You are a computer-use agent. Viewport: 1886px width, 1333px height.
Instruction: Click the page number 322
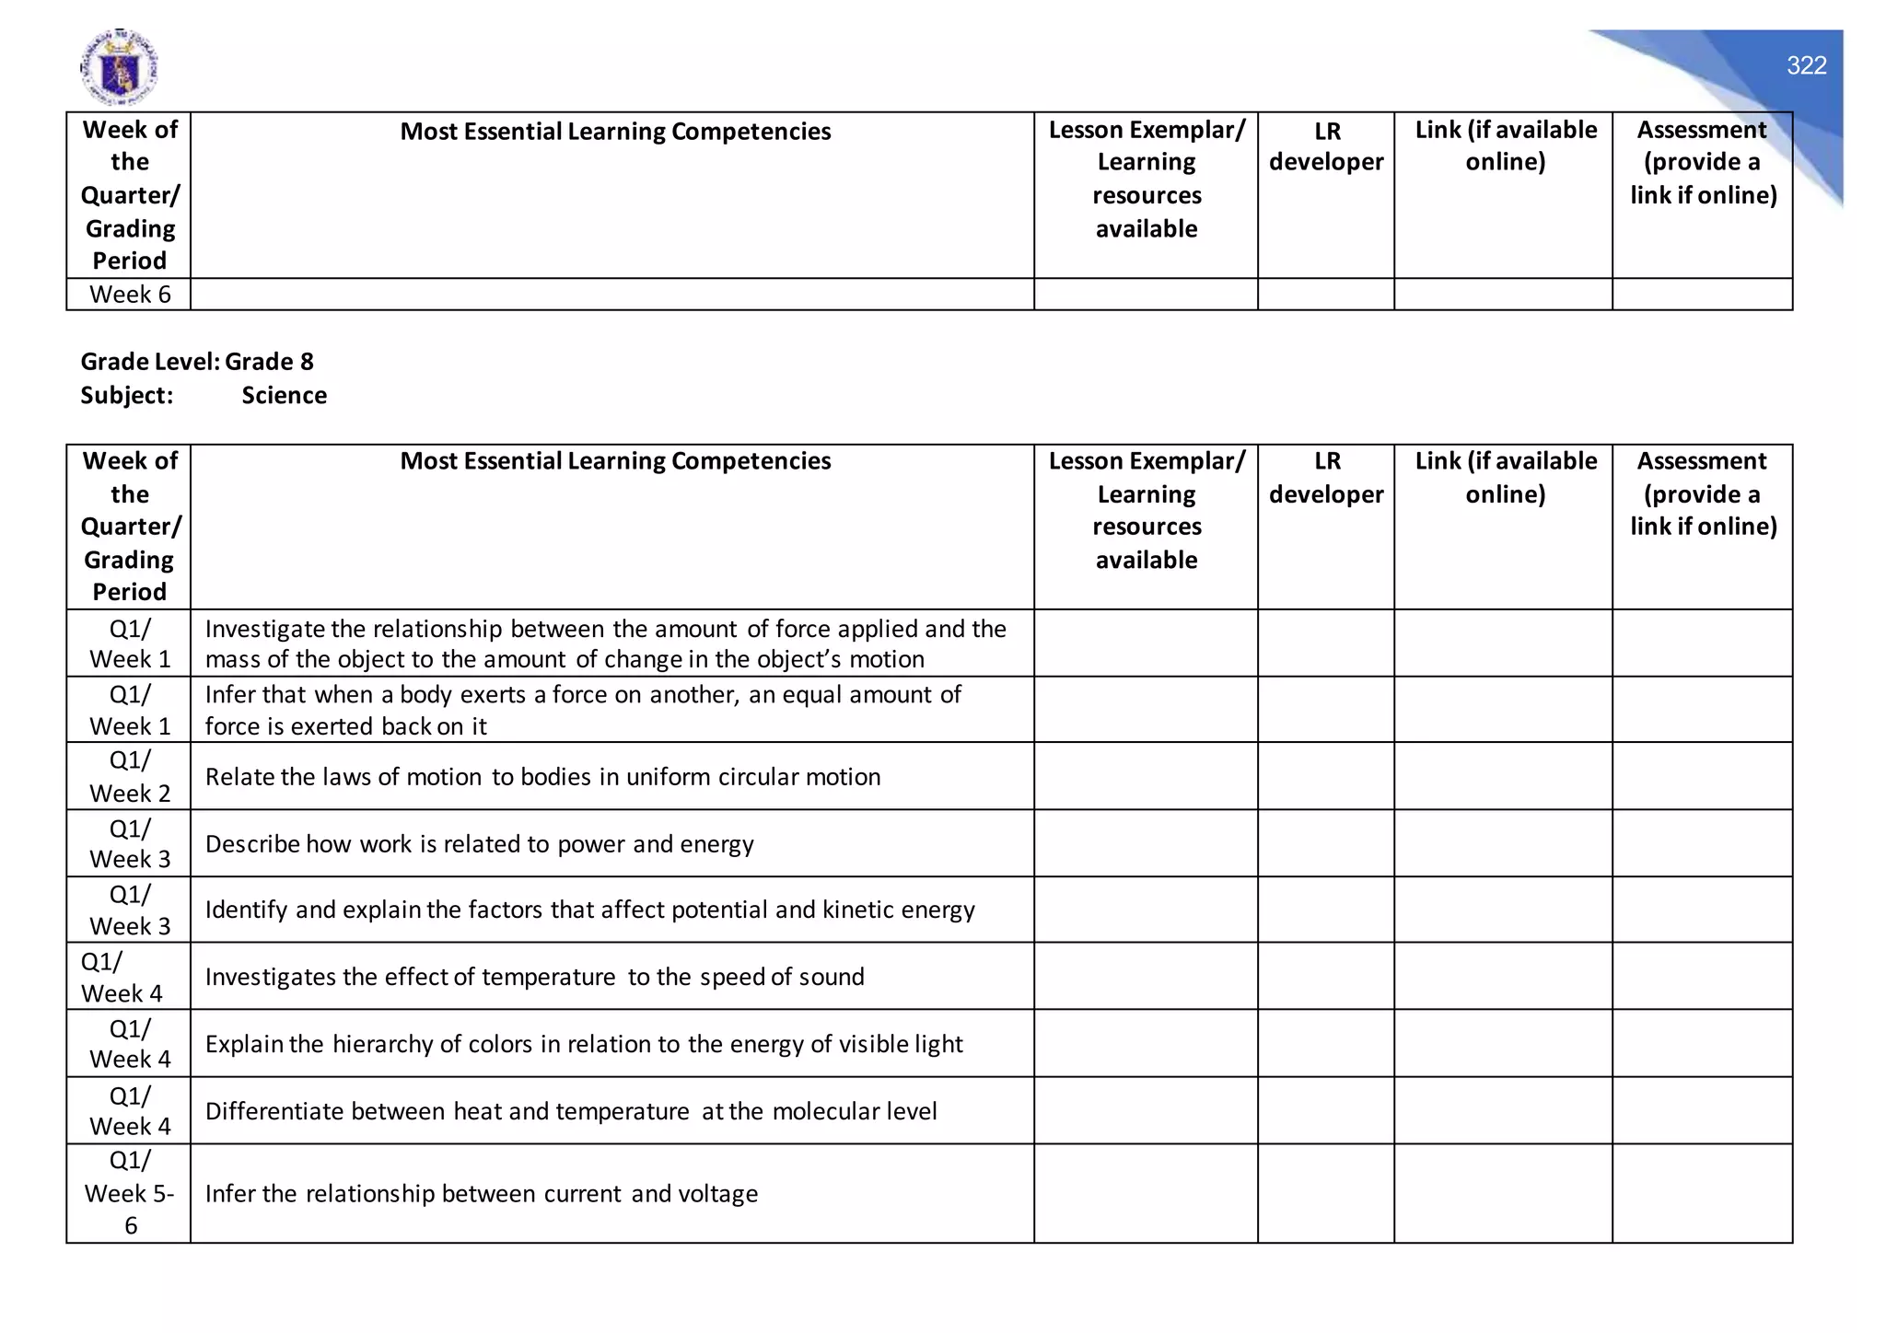click(x=1806, y=65)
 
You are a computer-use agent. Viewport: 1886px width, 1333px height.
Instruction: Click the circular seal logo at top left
click(x=119, y=67)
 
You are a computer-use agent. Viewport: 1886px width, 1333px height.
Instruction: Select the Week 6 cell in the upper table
click(x=130, y=295)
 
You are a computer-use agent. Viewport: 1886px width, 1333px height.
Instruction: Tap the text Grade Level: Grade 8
click(x=197, y=362)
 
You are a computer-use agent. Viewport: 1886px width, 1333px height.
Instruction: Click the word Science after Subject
click(x=284, y=396)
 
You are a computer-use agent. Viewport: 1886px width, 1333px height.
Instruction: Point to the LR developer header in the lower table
click(x=1326, y=478)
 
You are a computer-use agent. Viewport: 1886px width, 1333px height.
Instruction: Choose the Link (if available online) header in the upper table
click(x=1505, y=145)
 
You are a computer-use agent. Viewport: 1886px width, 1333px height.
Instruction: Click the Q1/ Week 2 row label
click(x=130, y=777)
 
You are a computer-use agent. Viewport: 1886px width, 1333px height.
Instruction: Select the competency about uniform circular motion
click(x=542, y=777)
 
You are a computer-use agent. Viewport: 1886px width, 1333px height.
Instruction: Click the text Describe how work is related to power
click(x=479, y=844)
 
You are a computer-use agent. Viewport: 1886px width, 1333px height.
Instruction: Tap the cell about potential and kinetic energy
click(x=589, y=910)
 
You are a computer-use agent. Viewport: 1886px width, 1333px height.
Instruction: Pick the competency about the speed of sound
click(x=534, y=977)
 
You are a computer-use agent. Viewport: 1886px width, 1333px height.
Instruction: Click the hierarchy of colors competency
click(x=583, y=1044)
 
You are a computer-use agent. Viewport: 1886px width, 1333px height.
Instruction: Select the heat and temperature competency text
click(x=570, y=1111)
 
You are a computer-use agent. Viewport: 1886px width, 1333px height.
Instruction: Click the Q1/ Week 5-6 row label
click(x=130, y=1193)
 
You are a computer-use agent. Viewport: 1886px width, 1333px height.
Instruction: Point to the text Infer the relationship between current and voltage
click(x=481, y=1194)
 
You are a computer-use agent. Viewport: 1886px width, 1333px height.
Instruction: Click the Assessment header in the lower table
click(x=1702, y=493)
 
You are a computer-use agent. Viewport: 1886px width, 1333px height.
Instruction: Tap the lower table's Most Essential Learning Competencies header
click(x=615, y=461)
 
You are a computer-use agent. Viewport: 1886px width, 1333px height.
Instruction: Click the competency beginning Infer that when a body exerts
click(x=582, y=710)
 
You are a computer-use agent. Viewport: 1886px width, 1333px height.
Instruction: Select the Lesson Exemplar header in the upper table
click(x=1146, y=179)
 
